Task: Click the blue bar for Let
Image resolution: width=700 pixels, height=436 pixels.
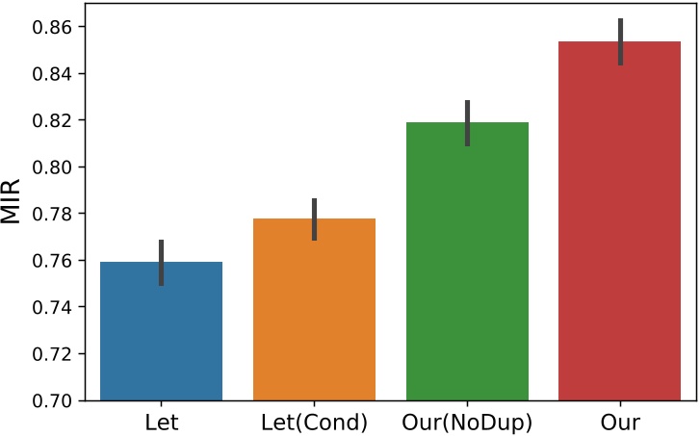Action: [161, 332]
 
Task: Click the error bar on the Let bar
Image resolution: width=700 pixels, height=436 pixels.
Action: [161, 263]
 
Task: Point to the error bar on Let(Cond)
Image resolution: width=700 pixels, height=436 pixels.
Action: [314, 219]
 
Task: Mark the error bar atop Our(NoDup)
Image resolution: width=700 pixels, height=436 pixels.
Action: [467, 122]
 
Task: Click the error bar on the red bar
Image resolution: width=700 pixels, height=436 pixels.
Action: [621, 41]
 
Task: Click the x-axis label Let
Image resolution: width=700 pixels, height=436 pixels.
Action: [161, 422]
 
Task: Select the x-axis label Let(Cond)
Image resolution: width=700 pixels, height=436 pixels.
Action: [314, 422]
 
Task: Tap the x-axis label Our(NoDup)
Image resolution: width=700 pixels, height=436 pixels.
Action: [467, 422]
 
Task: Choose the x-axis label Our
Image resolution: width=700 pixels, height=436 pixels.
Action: [621, 422]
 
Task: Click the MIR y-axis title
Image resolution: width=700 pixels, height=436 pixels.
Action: [12, 202]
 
